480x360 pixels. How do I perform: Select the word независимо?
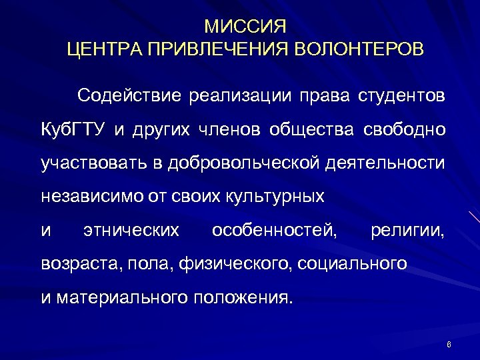click(x=82, y=197)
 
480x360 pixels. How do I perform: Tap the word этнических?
click(x=131, y=231)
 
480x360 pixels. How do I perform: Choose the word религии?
click(x=408, y=231)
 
